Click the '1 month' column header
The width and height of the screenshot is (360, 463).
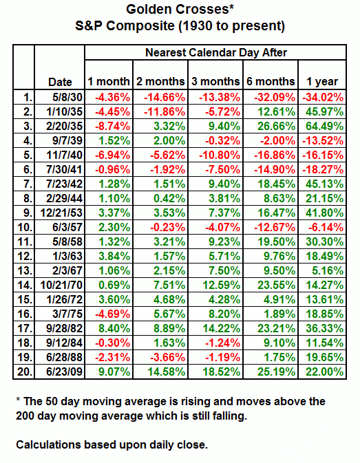[x=109, y=81]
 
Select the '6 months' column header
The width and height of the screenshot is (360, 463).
[x=271, y=81]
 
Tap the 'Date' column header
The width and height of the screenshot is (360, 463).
[x=60, y=82]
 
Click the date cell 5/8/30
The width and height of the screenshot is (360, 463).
[x=67, y=97]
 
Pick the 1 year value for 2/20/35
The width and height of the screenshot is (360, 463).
[x=325, y=126]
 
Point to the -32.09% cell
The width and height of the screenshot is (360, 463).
[x=275, y=97]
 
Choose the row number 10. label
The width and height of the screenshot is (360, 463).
[x=25, y=227]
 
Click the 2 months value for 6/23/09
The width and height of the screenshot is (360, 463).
[x=167, y=372]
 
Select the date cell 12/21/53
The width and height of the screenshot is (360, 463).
[x=61, y=213]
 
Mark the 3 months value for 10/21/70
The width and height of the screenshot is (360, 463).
[x=222, y=286]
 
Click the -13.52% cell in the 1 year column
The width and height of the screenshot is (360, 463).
[x=323, y=140]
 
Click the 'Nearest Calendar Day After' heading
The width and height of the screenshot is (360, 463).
[x=216, y=52]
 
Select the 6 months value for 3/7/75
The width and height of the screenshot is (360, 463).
[x=279, y=314]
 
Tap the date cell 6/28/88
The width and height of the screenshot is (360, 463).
[x=65, y=357]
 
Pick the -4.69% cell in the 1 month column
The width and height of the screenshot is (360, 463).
[x=112, y=314]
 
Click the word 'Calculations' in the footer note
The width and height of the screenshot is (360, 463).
[x=48, y=444]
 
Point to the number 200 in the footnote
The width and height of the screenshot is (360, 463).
[x=25, y=416]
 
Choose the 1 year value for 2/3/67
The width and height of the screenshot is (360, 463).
[x=328, y=271]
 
